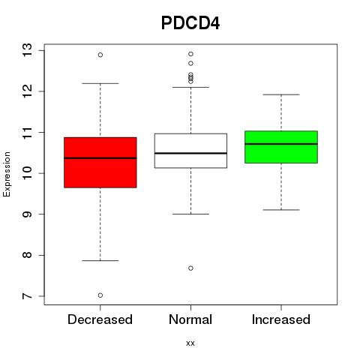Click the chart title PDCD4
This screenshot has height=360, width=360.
[x=190, y=23]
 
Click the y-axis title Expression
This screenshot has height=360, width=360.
[x=7, y=174]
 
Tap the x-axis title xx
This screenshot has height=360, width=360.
[x=190, y=343]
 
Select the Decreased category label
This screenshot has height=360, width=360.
[x=100, y=319]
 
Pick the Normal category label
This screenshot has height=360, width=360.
[x=190, y=319]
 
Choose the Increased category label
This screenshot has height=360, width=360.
[x=281, y=319]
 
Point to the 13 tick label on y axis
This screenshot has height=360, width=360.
[x=28, y=50]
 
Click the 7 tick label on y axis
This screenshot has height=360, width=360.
[x=28, y=296]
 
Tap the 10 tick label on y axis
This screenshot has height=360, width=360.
[x=28, y=173]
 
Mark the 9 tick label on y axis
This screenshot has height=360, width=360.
[x=28, y=214]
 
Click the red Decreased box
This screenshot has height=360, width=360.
[x=100, y=163]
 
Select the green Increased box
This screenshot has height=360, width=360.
[x=281, y=147]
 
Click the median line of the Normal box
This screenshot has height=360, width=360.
[x=190, y=153]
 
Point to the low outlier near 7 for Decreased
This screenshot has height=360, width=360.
[x=100, y=295]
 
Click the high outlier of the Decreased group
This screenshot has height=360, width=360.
[x=100, y=55]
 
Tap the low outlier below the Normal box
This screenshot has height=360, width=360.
[x=190, y=268]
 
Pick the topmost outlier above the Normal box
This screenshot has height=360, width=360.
[x=190, y=54]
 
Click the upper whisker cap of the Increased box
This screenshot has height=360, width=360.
[x=281, y=94]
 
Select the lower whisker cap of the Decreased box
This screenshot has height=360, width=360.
[x=100, y=260]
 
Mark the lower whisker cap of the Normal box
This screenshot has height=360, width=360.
[x=190, y=214]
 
